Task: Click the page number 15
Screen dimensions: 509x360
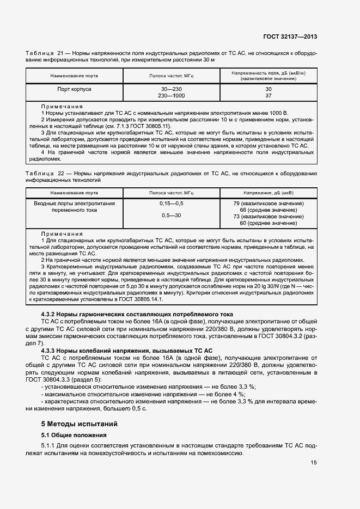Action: (314, 463)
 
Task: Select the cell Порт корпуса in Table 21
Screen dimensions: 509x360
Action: (74, 88)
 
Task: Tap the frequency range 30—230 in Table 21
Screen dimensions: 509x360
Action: (171, 88)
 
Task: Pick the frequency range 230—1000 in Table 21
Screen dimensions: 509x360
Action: (171, 95)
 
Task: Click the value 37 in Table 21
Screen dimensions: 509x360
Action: (268, 95)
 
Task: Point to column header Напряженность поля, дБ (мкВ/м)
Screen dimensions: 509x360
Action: (268, 73)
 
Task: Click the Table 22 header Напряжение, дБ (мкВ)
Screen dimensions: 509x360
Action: (268, 193)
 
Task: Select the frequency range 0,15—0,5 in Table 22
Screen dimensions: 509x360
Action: (171, 204)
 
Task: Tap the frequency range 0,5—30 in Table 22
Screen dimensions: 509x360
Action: (171, 216)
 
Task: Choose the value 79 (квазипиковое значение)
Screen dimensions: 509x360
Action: (268, 204)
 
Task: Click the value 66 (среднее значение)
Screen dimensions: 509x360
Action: (268, 210)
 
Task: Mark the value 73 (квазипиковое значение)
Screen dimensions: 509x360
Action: (268, 216)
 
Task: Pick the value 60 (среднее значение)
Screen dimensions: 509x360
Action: (268, 223)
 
